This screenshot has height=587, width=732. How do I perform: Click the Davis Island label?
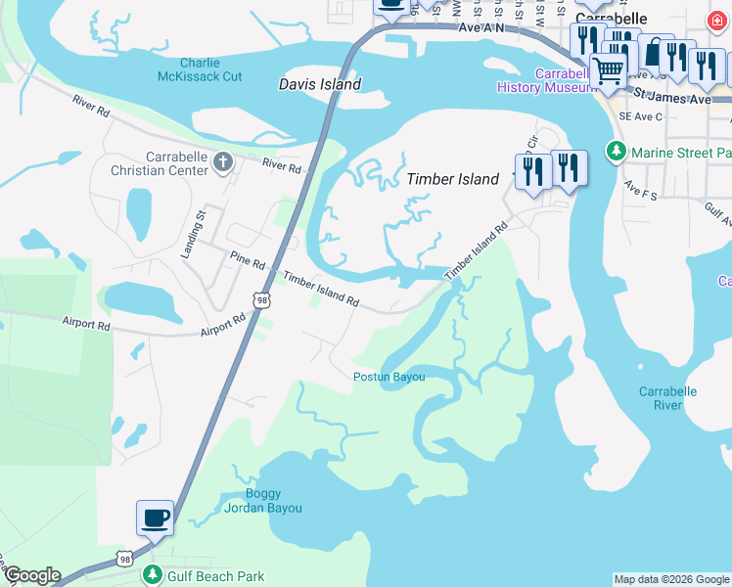click(x=320, y=84)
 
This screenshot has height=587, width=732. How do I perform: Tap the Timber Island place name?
click(x=453, y=179)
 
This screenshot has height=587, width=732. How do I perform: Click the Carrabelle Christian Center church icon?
click(x=223, y=161)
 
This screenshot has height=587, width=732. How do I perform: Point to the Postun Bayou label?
click(x=389, y=377)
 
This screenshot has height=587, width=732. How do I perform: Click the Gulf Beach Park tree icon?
click(x=151, y=575)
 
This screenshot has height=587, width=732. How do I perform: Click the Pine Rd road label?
click(x=248, y=263)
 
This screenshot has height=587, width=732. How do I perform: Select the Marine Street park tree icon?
click(x=616, y=153)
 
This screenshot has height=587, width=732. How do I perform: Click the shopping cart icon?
click(x=609, y=70)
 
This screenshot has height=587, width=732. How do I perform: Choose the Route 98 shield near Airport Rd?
click(x=260, y=300)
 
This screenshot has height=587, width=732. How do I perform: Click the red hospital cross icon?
click(x=720, y=21)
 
